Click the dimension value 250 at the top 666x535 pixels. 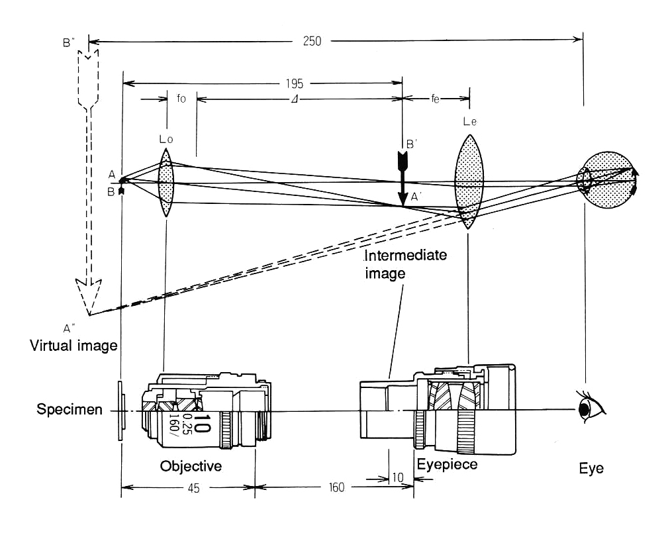coord(312,41)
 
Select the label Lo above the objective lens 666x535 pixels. coord(166,140)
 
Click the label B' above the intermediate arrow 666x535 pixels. coord(410,144)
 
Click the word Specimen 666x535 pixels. coord(70,410)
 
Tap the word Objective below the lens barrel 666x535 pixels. coord(191,467)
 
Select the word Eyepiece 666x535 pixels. coord(447,464)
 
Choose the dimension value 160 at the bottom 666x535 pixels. coord(336,488)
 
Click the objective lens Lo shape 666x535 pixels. coord(166,183)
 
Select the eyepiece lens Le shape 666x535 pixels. coord(468,181)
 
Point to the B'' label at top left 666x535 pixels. coord(68,44)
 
